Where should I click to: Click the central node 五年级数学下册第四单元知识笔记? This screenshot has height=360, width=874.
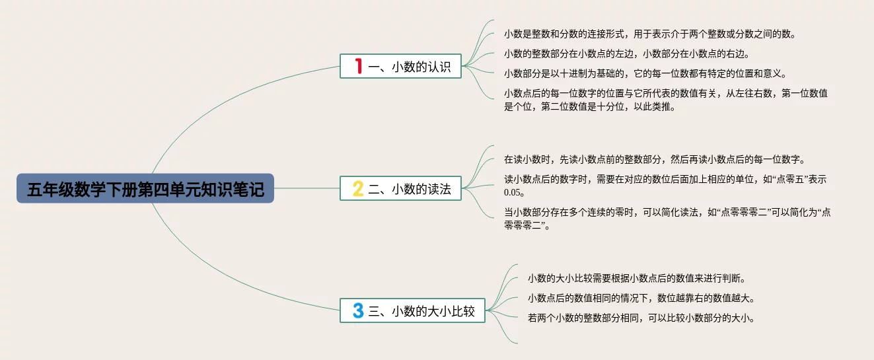[145, 189]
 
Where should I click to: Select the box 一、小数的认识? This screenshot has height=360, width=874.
[400, 66]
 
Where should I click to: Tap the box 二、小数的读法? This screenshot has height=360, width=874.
[400, 189]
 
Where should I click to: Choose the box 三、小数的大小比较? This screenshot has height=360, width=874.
[412, 310]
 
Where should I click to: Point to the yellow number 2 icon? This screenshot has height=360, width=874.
[358, 189]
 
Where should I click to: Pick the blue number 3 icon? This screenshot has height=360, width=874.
[358, 310]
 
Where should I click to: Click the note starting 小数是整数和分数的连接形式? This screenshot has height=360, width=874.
[650, 34]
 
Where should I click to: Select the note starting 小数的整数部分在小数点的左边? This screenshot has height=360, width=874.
[626, 54]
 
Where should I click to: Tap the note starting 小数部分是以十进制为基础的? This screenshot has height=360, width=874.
[645, 73]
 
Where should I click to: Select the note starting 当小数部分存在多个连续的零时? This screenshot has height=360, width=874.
[667, 219]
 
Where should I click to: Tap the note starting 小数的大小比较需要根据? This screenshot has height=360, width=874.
[636, 278]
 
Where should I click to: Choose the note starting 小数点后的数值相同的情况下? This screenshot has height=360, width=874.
[641, 298]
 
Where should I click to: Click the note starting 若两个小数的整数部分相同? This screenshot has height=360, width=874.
[641, 318]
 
